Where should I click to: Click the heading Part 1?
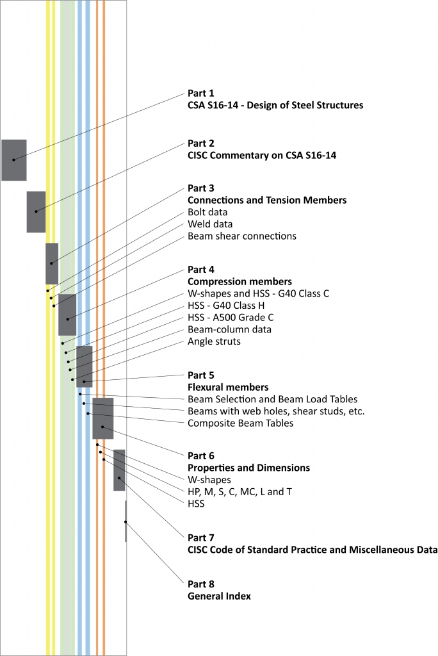point(200,93)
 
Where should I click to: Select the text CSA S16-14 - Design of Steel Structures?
point(275,105)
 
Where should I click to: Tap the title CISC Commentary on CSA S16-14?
point(262,155)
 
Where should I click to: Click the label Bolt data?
point(207,212)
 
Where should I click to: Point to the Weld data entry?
point(210,224)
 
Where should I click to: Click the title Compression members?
point(239,281)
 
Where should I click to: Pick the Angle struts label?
point(214,341)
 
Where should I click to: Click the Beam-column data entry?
point(229,329)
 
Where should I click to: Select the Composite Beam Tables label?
point(240,423)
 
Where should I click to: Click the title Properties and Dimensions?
point(248,468)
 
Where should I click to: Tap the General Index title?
point(219,596)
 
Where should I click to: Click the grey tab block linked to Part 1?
point(13,160)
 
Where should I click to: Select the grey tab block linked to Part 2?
point(36,211)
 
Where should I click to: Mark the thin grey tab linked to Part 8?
point(126,521)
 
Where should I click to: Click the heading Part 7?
point(200,537)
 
